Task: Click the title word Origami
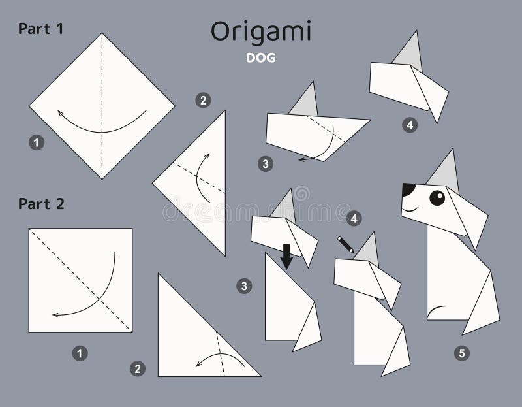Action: [x=261, y=32]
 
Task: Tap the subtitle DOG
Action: [x=261, y=57]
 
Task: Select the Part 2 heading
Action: [x=41, y=204]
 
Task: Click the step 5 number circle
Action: [x=462, y=353]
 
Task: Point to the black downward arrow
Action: [x=286, y=257]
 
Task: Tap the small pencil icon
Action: [x=345, y=244]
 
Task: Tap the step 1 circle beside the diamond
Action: [x=37, y=141]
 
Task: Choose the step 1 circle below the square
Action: [x=80, y=353]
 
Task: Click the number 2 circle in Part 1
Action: [x=203, y=100]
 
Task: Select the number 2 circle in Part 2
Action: [x=137, y=369]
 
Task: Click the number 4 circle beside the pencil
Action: [x=354, y=218]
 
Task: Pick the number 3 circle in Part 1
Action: [x=264, y=164]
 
